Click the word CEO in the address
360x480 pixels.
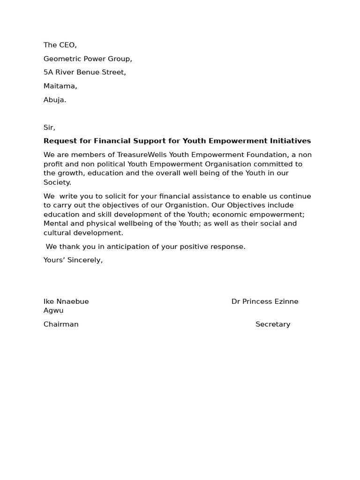pos(67,45)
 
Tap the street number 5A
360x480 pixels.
pos(48,73)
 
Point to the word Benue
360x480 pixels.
pos(86,73)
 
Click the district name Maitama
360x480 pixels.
pos(60,86)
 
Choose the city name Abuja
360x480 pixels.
pos(55,100)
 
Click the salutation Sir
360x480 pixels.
pos(49,127)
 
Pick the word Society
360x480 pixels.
pos(57,182)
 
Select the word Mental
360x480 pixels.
pos(55,224)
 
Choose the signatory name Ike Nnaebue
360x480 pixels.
pos(66,302)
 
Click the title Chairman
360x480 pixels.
pos(61,324)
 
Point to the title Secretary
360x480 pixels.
pos(273,324)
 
